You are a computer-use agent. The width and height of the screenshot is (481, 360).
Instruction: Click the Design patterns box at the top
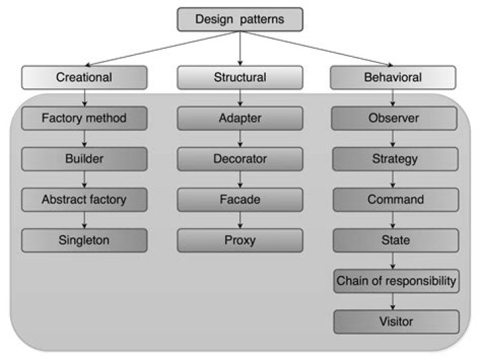coord(240,19)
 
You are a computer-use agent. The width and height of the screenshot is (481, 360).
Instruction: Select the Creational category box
coord(84,77)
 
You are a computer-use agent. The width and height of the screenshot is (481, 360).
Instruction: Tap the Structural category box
coord(240,77)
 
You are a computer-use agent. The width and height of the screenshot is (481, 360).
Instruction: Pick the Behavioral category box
coord(393,77)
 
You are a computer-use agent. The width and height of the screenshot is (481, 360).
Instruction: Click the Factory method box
coord(84,119)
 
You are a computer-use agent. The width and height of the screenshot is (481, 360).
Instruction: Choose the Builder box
coord(84,159)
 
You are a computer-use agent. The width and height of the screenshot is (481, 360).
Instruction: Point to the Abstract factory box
coord(84,199)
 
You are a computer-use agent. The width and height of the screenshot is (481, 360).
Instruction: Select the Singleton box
coord(84,240)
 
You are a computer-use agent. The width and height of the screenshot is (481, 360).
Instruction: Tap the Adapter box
coord(240,119)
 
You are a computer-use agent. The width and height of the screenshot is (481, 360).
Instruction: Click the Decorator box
coord(240,159)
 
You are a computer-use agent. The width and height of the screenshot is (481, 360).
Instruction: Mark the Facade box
coord(240,199)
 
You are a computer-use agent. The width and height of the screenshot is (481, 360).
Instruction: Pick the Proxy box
coord(240,240)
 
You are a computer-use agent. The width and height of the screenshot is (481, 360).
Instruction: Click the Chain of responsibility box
coord(395,281)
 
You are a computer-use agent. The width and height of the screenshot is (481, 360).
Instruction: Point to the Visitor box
coord(395,322)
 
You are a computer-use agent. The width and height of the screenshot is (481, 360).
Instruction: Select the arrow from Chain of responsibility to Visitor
coord(395,301)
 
